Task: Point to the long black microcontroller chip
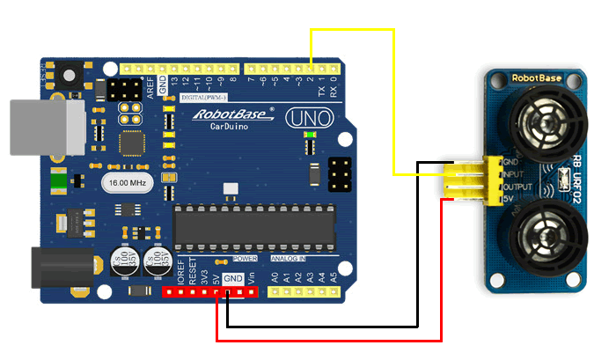(255, 227)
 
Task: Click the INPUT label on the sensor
(514, 174)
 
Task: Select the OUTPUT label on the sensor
(516, 186)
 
